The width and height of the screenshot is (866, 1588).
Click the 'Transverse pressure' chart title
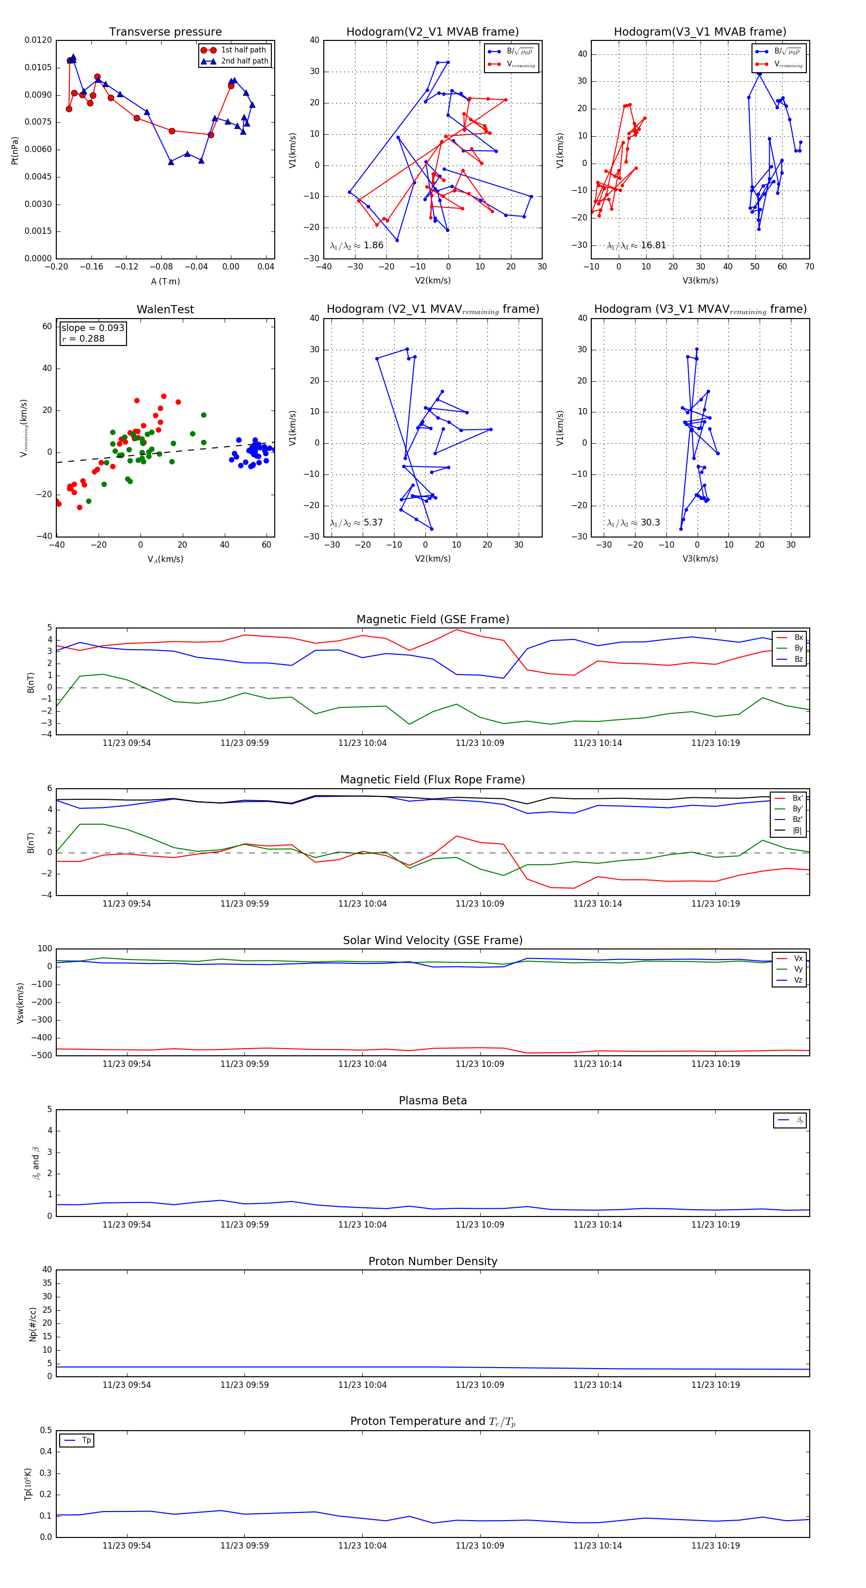(165, 32)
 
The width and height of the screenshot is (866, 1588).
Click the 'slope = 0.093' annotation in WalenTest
(92, 328)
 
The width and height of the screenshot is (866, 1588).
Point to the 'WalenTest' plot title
(165, 309)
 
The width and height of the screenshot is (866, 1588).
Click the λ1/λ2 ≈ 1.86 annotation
(356, 245)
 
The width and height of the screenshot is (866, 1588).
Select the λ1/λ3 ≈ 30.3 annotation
(633, 523)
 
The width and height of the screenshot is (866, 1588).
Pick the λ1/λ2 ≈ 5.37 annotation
(356, 523)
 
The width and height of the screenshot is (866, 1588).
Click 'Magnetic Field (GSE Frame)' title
(433, 619)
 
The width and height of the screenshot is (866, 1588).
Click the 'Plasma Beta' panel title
(433, 1101)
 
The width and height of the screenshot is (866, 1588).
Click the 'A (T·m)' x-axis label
(165, 281)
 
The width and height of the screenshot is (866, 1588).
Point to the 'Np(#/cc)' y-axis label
(33, 1324)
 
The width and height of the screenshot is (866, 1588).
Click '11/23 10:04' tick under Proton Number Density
(362, 1384)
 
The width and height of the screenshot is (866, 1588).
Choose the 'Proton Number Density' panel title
(433, 1261)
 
